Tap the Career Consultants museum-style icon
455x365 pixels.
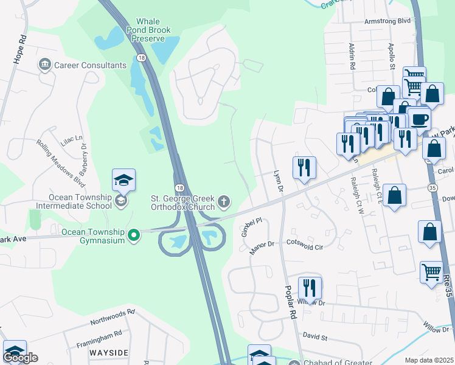point(44,64)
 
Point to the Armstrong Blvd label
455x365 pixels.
point(387,21)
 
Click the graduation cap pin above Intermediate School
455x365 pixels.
point(123,181)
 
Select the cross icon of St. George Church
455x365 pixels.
point(224,201)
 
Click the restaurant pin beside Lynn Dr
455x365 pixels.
point(304,168)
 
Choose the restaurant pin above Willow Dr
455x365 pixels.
point(310,288)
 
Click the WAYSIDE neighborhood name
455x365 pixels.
point(109,353)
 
